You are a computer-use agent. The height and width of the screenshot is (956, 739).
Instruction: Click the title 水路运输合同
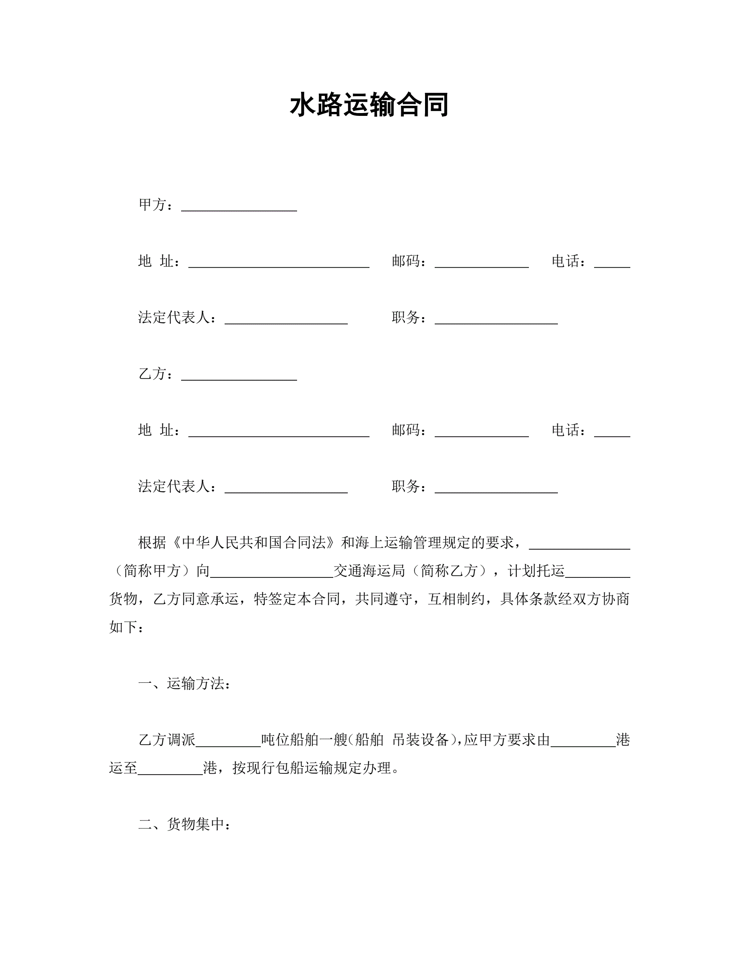tap(369, 105)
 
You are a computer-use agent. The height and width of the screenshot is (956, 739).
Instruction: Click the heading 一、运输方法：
tap(184, 683)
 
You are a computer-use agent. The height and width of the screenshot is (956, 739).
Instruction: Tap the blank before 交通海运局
tap(271, 572)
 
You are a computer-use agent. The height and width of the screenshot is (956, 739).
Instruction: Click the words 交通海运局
tap(369, 571)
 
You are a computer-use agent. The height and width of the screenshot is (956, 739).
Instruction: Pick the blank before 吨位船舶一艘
tap(229, 741)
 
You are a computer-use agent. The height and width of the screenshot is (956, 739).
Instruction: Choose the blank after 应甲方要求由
tap(583, 741)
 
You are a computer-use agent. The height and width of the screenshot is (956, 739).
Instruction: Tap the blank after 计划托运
tap(597, 572)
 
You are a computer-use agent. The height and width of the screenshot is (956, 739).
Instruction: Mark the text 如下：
tap(126, 627)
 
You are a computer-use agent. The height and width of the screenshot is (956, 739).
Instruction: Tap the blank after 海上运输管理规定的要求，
tap(579, 544)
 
